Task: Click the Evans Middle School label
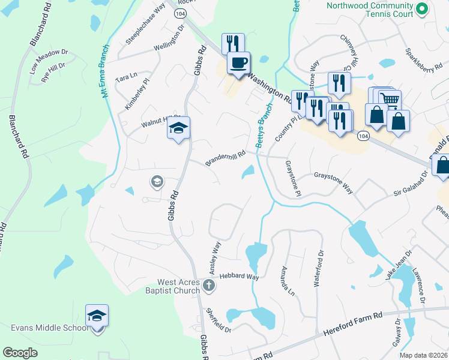click(49, 328)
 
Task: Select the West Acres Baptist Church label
click(178, 287)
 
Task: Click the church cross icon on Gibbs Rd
click(208, 286)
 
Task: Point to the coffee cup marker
click(239, 62)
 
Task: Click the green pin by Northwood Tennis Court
click(421, 9)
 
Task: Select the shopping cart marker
click(390, 100)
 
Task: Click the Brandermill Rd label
click(226, 158)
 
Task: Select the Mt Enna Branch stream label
click(105, 71)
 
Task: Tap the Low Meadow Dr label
click(48, 62)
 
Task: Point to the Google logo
click(20, 352)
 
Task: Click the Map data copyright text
click(424, 355)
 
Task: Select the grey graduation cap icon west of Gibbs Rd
click(157, 181)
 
